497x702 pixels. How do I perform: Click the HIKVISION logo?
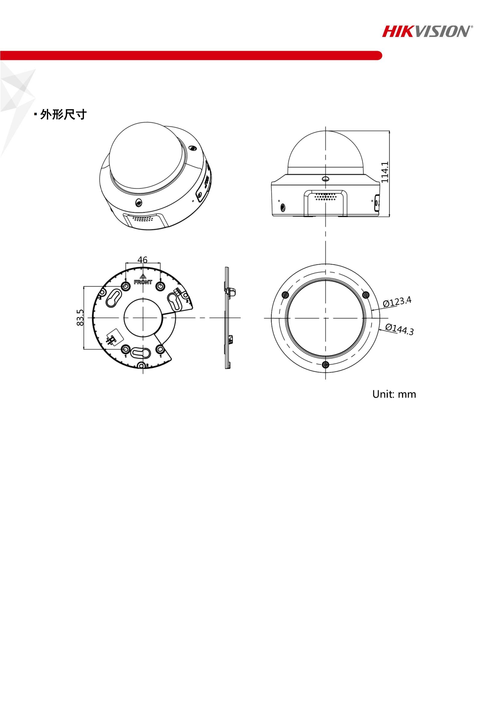(427, 32)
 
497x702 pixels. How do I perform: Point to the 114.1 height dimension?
(385, 172)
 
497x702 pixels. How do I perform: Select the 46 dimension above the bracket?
(142, 260)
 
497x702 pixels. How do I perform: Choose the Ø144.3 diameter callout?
(399, 329)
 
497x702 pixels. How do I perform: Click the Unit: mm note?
(394, 394)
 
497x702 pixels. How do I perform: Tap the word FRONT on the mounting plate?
(143, 282)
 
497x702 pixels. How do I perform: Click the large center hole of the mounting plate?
(143, 318)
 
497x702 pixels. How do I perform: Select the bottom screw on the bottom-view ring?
(326, 364)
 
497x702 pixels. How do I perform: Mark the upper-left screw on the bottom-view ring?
(285, 295)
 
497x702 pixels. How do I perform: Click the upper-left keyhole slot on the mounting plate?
(114, 297)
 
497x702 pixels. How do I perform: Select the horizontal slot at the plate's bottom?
(140, 353)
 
